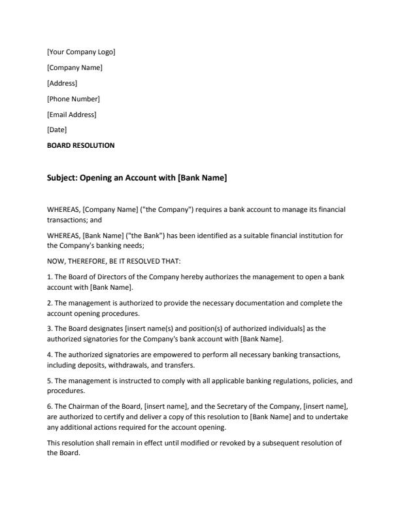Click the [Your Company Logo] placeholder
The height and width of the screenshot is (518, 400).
[81, 52]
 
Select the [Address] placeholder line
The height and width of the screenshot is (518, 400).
[62, 83]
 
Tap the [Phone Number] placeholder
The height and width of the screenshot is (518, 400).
[73, 99]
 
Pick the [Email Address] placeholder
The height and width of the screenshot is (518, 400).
[72, 114]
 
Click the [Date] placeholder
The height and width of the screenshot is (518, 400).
[57, 130]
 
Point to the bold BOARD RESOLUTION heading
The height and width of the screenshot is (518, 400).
[80, 146]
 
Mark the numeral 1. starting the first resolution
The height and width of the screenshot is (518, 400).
[50, 278]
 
